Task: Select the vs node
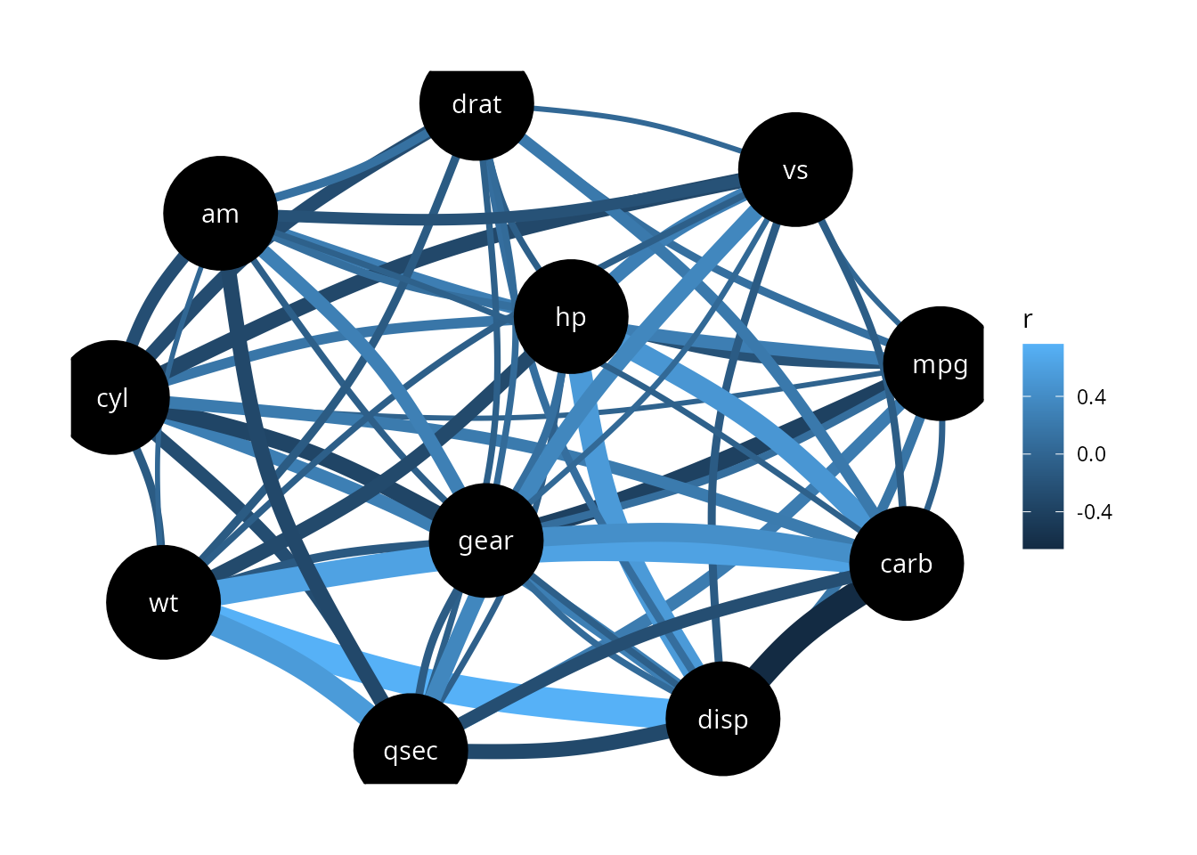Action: pos(795,169)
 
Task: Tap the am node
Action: pos(220,213)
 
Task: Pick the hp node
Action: pos(571,316)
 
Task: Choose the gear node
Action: pos(486,541)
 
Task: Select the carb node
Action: pos(907,563)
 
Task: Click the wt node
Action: pos(164,603)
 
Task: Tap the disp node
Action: pos(723,719)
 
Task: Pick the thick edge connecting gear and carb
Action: pos(695,546)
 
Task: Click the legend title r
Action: pos(1027,320)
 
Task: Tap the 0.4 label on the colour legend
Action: pos(1091,397)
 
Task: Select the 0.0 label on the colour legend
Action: pos(1091,454)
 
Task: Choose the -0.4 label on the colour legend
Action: pos(1095,512)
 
